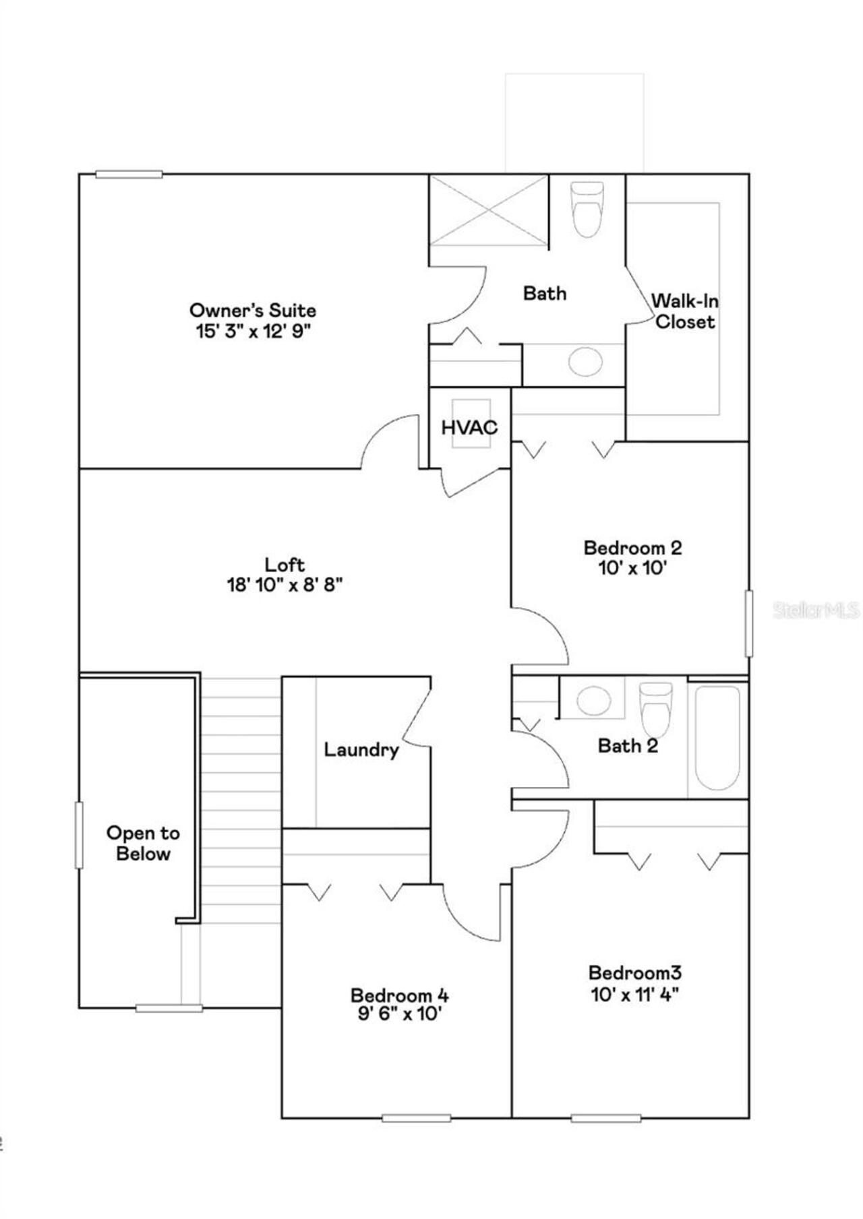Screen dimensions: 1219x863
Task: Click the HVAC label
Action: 469,427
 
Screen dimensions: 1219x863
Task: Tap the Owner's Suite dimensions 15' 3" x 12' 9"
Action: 253,332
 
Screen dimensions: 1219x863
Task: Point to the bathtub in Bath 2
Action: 717,737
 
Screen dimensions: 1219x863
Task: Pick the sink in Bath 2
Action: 594,701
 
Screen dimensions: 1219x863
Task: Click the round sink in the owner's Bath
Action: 585,362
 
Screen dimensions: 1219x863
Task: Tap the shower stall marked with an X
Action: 489,210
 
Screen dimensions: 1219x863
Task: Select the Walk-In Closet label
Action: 684,311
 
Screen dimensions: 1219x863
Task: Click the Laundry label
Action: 361,749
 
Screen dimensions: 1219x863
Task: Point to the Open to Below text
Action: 143,843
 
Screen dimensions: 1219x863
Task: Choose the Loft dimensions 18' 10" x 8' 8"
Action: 285,585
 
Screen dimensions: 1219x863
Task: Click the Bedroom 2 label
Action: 632,547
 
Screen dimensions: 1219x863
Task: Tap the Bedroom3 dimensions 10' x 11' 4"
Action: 634,995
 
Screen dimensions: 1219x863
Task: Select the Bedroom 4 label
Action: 399,995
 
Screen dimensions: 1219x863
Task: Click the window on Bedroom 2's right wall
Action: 748,623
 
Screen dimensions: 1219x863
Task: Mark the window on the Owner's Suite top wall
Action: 129,175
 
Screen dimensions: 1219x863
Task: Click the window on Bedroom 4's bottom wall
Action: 416,1118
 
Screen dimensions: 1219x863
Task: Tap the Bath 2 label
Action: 628,745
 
